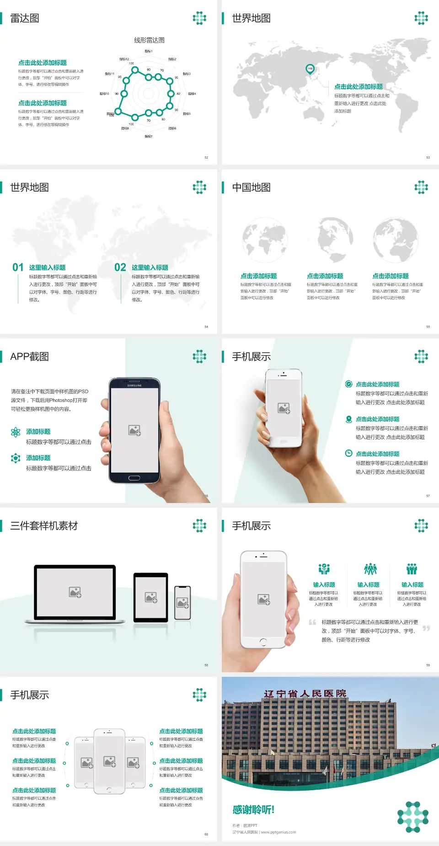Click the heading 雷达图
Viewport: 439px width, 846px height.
(25, 18)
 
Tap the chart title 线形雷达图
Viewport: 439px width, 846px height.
(149, 40)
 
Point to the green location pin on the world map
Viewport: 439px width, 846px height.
(310, 69)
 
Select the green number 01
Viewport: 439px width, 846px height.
(18, 268)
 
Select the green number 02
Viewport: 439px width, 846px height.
(120, 268)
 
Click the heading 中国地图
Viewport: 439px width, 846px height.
(251, 187)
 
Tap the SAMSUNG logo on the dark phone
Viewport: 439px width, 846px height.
(134, 386)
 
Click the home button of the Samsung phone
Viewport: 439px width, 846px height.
(134, 478)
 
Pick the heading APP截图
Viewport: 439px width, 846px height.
(29, 357)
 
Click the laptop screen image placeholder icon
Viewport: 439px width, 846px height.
(75, 592)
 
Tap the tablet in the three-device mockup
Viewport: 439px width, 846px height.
(151, 597)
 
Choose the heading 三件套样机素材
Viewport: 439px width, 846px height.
(44, 526)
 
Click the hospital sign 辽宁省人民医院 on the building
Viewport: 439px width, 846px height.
(305, 694)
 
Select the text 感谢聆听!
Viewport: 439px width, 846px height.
(253, 810)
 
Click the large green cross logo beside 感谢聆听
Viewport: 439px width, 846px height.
(413, 817)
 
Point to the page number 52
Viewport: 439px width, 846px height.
(206, 157)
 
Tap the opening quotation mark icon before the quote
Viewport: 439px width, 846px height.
(312, 622)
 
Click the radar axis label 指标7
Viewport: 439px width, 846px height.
(149, 136)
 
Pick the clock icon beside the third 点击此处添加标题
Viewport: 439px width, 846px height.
(348, 453)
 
